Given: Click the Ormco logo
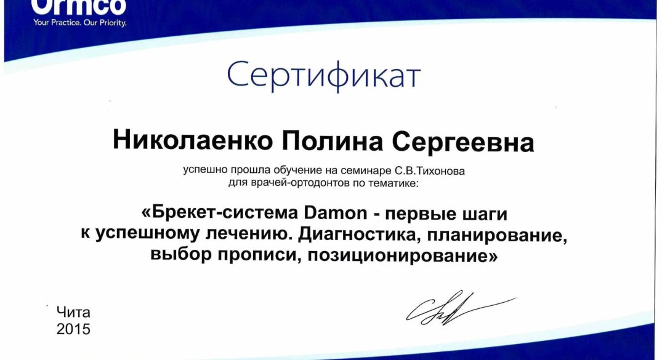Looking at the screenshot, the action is tap(79, 7).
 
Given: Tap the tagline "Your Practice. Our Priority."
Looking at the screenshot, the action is tap(80, 23).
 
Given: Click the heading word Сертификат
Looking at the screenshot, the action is tap(324, 76).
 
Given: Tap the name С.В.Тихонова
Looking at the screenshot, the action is tap(430, 171).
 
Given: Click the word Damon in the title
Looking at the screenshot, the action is tap(336, 213).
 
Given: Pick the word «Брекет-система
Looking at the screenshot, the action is tap(220, 213).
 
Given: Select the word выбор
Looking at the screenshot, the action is tap(180, 255).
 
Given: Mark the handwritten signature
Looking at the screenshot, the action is tap(460, 308).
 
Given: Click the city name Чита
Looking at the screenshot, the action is tap(73, 313).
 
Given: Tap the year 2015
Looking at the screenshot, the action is tap(73, 329).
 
